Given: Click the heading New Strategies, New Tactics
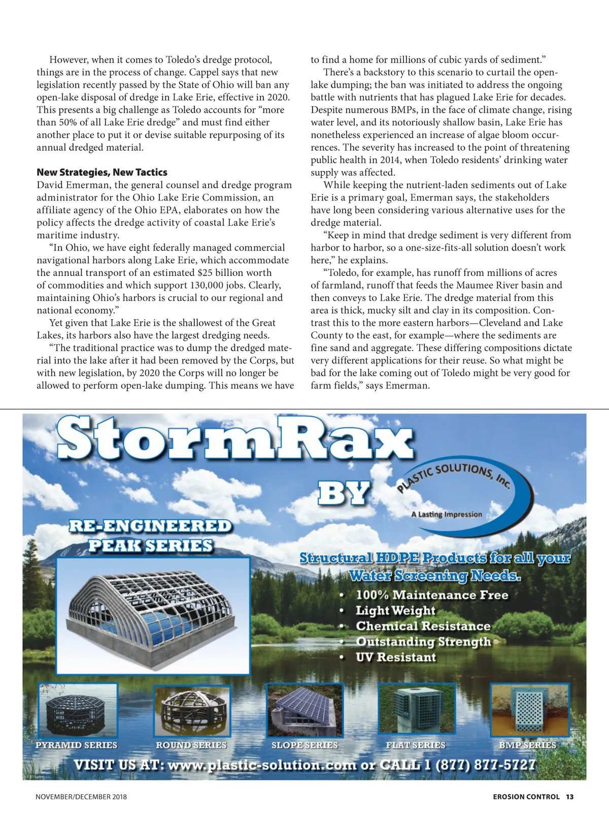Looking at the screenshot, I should pos(101,173).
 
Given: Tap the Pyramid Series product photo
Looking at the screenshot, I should pos(77,710).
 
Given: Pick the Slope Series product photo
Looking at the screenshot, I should pos(304,710).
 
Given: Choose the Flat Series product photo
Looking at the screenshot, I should pos(416,710).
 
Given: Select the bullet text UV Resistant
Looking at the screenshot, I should pos(396,657).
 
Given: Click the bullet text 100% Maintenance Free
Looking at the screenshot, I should pos(432,595).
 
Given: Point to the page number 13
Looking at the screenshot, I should pos(569,797).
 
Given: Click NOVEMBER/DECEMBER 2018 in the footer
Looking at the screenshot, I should pos(81,797).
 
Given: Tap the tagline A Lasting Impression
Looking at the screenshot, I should pos(447,514).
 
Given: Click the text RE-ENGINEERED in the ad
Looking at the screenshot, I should pos(150,526).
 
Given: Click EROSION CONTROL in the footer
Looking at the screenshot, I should pos(526,797).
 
